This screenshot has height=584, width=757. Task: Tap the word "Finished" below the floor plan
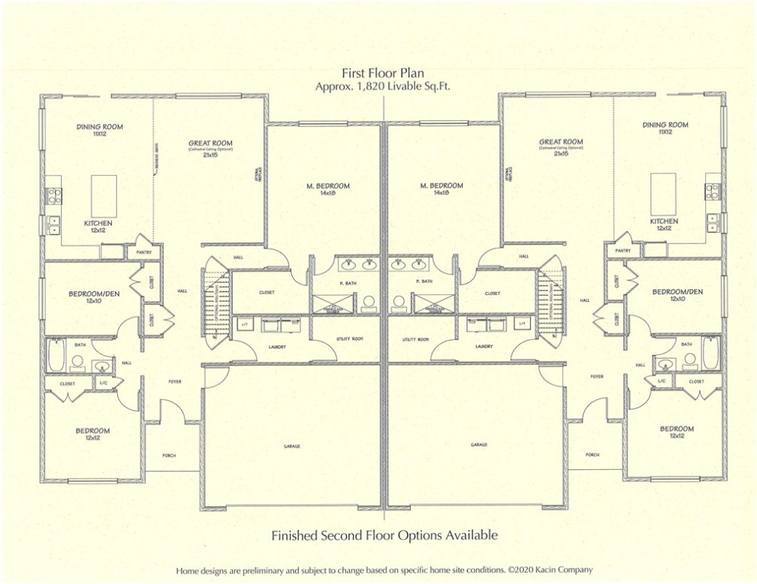297,535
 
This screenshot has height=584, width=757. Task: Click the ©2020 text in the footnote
519,569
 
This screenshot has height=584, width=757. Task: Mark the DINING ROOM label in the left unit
99,127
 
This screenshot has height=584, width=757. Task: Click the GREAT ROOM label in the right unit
561,142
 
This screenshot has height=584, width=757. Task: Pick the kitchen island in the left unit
104,195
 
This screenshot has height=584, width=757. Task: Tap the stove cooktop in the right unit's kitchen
712,191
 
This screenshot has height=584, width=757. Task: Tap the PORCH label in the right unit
592,455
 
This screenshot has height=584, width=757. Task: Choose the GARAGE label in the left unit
291,446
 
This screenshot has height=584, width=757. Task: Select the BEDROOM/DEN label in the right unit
676,291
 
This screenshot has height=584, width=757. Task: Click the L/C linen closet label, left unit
103,383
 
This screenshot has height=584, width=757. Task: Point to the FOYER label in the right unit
596,376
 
